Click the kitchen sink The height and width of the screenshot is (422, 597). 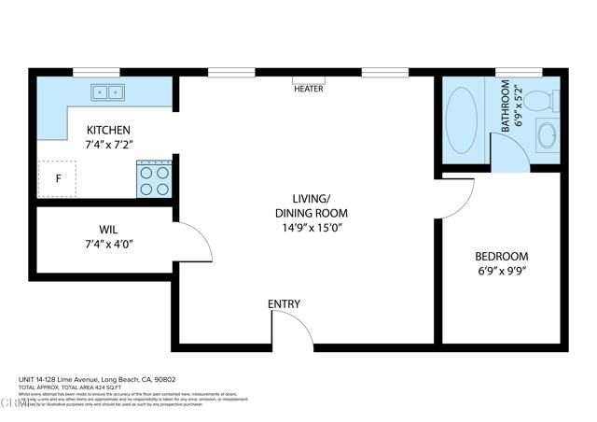(x=109, y=91)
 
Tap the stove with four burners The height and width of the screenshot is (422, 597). (x=154, y=179)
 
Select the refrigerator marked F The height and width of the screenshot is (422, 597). (x=58, y=179)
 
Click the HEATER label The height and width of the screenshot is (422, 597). (x=309, y=90)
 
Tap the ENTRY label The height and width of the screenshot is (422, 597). (x=284, y=304)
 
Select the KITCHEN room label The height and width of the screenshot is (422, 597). (x=109, y=130)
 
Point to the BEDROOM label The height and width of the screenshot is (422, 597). (x=501, y=257)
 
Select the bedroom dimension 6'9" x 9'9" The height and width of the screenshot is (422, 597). (x=501, y=272)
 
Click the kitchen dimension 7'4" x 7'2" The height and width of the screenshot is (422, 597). (x=109, y=145)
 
